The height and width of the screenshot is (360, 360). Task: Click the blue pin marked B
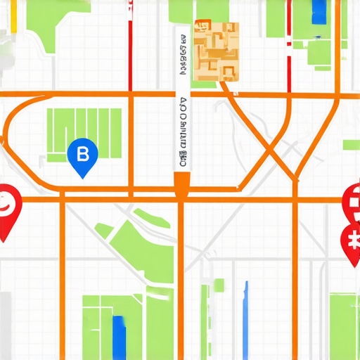pyautogui.click(x=82, y=155)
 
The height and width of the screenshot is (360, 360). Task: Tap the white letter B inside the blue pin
pyautogui.click(x=82, y=153)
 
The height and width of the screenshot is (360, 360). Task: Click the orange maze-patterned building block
pyautogui.click(x=216, y=51)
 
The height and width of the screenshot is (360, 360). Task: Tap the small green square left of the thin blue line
pyautogui.click(x=220, y=285)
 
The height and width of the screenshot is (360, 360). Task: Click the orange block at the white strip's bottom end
pyautogui.click(x=182, y=184)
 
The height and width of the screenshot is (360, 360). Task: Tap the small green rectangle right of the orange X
pyautogui.click(x=351, y=145)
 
